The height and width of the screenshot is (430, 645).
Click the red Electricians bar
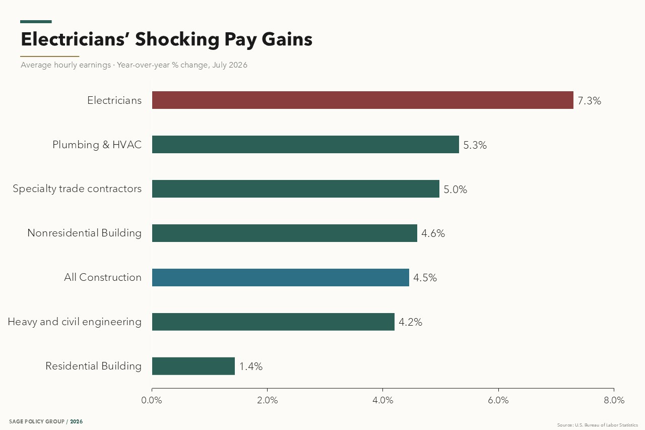point(362,100)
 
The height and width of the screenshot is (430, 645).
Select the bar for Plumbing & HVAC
point(305,144)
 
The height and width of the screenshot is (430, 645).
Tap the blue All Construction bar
point(281,277)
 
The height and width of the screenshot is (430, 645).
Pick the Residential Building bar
point(193,366)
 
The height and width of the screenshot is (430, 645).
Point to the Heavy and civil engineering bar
point(273,322)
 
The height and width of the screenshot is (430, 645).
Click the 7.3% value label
point(589,101)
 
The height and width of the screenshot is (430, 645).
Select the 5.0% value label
point(455,190)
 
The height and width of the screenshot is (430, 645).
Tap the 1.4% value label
point(251,366)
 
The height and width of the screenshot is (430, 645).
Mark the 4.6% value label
point(433,233)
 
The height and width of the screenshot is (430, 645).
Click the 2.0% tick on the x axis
point(267,400)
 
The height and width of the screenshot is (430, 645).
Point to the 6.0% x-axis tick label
point(498,400)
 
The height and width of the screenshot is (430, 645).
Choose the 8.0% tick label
point(614,400)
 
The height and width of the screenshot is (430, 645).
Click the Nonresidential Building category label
point(84,233)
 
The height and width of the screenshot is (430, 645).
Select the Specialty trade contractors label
point(77,189)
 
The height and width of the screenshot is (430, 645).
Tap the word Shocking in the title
point(177,39)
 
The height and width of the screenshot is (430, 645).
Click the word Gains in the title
point(287,39)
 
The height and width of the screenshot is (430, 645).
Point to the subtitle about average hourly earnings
point(134,65)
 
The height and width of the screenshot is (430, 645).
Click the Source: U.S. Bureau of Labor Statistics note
point(598,425)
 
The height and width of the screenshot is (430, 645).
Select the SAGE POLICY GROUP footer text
point(37,421)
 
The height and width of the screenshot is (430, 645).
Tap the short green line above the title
point(36,22)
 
